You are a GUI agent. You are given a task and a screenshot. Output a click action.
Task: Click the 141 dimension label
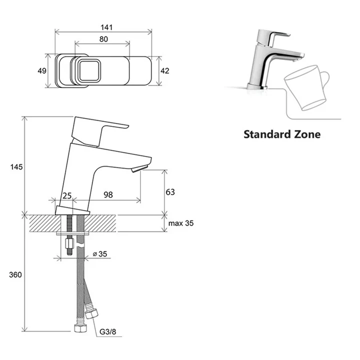[x=106, y=27]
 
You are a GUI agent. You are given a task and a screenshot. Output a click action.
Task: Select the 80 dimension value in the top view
[x=103, y=39]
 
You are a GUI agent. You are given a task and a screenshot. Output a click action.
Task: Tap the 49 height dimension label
[x=42, y=70]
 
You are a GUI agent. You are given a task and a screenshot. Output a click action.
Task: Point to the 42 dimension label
[x=164, y=70]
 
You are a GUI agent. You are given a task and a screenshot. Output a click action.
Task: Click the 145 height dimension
[x=16, y=167]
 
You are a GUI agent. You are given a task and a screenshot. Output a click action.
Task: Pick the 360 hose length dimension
[x=15, y=274]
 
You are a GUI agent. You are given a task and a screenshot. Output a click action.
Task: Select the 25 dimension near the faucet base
[x=67, y=196]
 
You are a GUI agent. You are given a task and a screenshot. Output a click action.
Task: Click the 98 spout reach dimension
[x=108, y=194]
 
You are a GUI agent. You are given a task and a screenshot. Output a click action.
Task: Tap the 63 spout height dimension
[x=170, y=192]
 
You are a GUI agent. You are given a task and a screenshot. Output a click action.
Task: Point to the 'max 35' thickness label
[x=181, y=223]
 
